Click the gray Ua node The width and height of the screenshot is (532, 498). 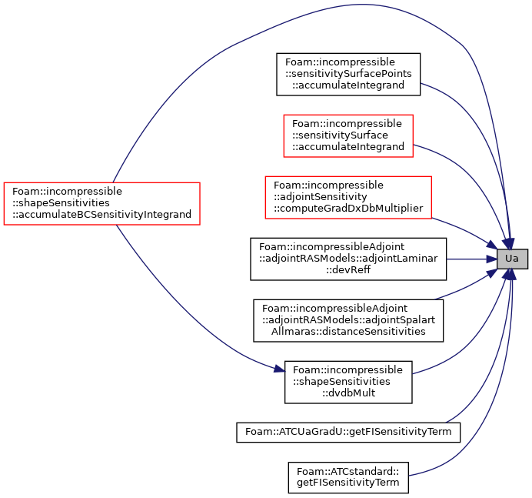point(512,259)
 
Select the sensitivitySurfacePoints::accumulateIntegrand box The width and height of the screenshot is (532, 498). point(348,74)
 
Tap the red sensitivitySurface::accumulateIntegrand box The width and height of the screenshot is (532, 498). point(348,135)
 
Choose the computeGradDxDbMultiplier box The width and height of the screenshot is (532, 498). point(348,197)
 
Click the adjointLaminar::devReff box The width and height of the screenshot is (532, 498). point(348,259)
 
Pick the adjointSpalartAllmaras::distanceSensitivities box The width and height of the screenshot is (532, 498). point(348,320)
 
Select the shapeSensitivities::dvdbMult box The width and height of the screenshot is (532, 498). point(348,383)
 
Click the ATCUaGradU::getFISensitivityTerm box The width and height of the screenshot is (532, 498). point(348,432)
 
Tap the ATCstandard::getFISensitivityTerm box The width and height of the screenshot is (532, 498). point(348,477)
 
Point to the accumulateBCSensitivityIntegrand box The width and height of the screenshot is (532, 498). point(101,203)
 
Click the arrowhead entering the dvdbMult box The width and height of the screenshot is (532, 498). point(279,369)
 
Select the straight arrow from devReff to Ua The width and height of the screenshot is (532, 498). point(471,259)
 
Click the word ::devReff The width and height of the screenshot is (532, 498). point(348,269)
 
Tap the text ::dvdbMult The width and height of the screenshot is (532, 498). point(348,393)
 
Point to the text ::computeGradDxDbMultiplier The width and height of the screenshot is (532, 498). point(348,209)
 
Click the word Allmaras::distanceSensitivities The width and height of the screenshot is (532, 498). point(348,331)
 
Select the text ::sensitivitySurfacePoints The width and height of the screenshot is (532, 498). point(348,74)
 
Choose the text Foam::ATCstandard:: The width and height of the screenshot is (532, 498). point(347,472)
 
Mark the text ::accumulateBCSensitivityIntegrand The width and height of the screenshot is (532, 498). point(101,214)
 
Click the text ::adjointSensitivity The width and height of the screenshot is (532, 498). point(321,197)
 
